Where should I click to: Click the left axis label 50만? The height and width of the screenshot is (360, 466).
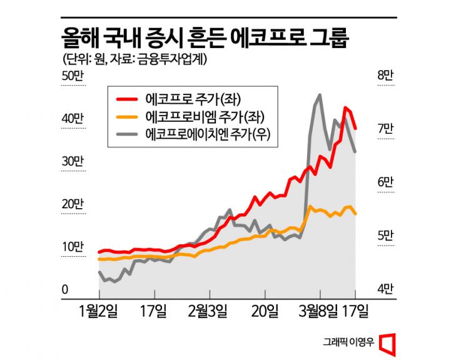point(73,76)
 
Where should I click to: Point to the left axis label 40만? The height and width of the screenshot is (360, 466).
point(73,119)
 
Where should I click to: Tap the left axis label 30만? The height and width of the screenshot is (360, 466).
point(73,161)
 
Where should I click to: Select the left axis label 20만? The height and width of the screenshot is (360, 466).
point(73,204)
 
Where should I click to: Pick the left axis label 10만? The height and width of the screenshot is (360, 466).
point(73,246)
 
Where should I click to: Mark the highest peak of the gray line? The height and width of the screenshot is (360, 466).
point(320,95)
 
